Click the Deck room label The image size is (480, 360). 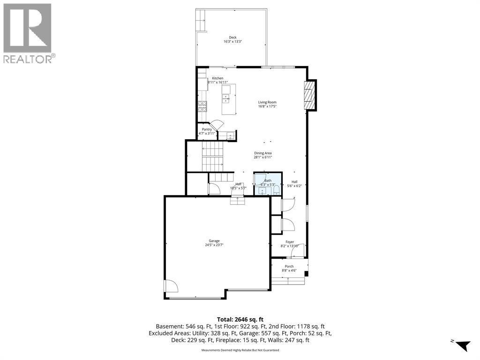click(232, 37)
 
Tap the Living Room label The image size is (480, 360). click(267, 102)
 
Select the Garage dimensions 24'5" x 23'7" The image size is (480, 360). click(214, 245)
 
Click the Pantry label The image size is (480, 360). click(207, 129)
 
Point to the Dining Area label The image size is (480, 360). click(263, 153)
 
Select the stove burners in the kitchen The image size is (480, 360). click(202, 106)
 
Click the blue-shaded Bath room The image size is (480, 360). click(268, 184)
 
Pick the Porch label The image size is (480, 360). click(289, 266)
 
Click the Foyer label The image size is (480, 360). click(290, 242)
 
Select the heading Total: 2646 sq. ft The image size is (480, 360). click(240, 319)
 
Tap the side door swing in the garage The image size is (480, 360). click(171, 286)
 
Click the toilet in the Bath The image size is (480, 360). click(277, 191)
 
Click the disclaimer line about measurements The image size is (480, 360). click(240, 350)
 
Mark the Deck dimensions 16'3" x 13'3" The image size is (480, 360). click(232, 42)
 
